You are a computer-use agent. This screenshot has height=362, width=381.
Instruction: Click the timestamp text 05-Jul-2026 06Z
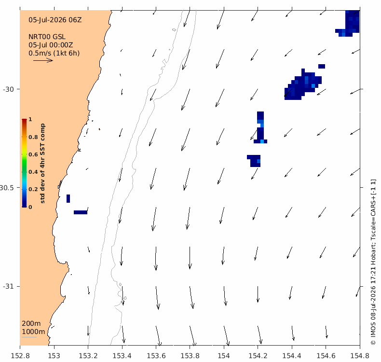(x=55, y=20)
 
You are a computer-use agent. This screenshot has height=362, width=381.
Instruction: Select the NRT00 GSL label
(x=47, y=37)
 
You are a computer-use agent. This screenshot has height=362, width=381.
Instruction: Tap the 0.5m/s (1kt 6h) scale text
(x=54, y=53)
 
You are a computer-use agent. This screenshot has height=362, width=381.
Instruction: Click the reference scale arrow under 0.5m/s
(x=43, y=60)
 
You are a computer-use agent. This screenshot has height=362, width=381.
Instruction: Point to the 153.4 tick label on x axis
(x=122, y=356)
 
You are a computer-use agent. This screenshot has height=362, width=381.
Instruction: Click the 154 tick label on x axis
(x=224, y=356)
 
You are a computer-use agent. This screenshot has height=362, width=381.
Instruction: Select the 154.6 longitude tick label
(x=326, y=356)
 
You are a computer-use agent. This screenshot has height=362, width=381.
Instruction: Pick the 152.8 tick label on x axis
(x=20, y=356)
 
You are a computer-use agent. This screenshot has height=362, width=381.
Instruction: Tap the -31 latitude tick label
(x=8, y=286)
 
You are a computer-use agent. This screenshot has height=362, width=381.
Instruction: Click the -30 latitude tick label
(x=8, y=89)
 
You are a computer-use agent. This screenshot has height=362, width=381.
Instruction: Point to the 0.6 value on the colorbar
(x=33, y=154)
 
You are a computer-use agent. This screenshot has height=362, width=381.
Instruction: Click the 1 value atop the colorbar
(x=30, y=119)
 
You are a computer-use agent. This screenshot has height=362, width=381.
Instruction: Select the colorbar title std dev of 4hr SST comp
(x=42, y=163)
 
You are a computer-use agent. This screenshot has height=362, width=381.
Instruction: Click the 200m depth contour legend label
(x=31, y=323)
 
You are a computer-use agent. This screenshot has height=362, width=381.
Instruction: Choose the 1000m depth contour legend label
(x=33, y=332)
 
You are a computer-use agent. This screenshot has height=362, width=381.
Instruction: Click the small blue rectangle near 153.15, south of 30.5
(x=81, y=212)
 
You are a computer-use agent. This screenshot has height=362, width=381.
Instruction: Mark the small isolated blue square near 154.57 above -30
(x=322, y=67)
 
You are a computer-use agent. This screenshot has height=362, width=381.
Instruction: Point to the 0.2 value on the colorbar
(x=33, y=189)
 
